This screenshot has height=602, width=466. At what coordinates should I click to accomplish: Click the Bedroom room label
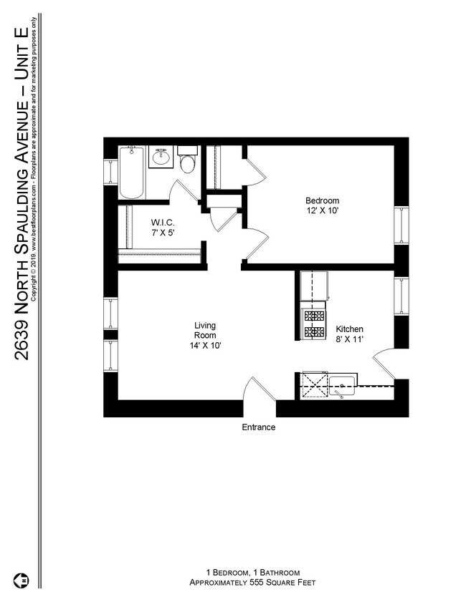point(322,201)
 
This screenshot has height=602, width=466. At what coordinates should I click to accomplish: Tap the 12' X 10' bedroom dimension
point(322,212)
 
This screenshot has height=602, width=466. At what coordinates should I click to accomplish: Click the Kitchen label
point(349,329)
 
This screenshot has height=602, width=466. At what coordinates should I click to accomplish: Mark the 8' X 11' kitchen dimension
point(349,339)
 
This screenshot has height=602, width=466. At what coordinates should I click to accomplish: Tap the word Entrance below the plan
point(258,427)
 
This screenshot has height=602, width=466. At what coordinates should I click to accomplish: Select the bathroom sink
point(161,157)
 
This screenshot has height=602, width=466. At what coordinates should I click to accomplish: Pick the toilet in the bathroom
point(188,162)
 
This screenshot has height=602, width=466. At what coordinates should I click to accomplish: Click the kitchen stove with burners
point(314,323)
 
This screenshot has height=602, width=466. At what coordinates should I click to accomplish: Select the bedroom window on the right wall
point(401,225)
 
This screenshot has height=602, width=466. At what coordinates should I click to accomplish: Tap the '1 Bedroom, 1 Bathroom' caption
point(252,572)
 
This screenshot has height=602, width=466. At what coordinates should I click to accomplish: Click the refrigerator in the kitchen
point(313,286)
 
